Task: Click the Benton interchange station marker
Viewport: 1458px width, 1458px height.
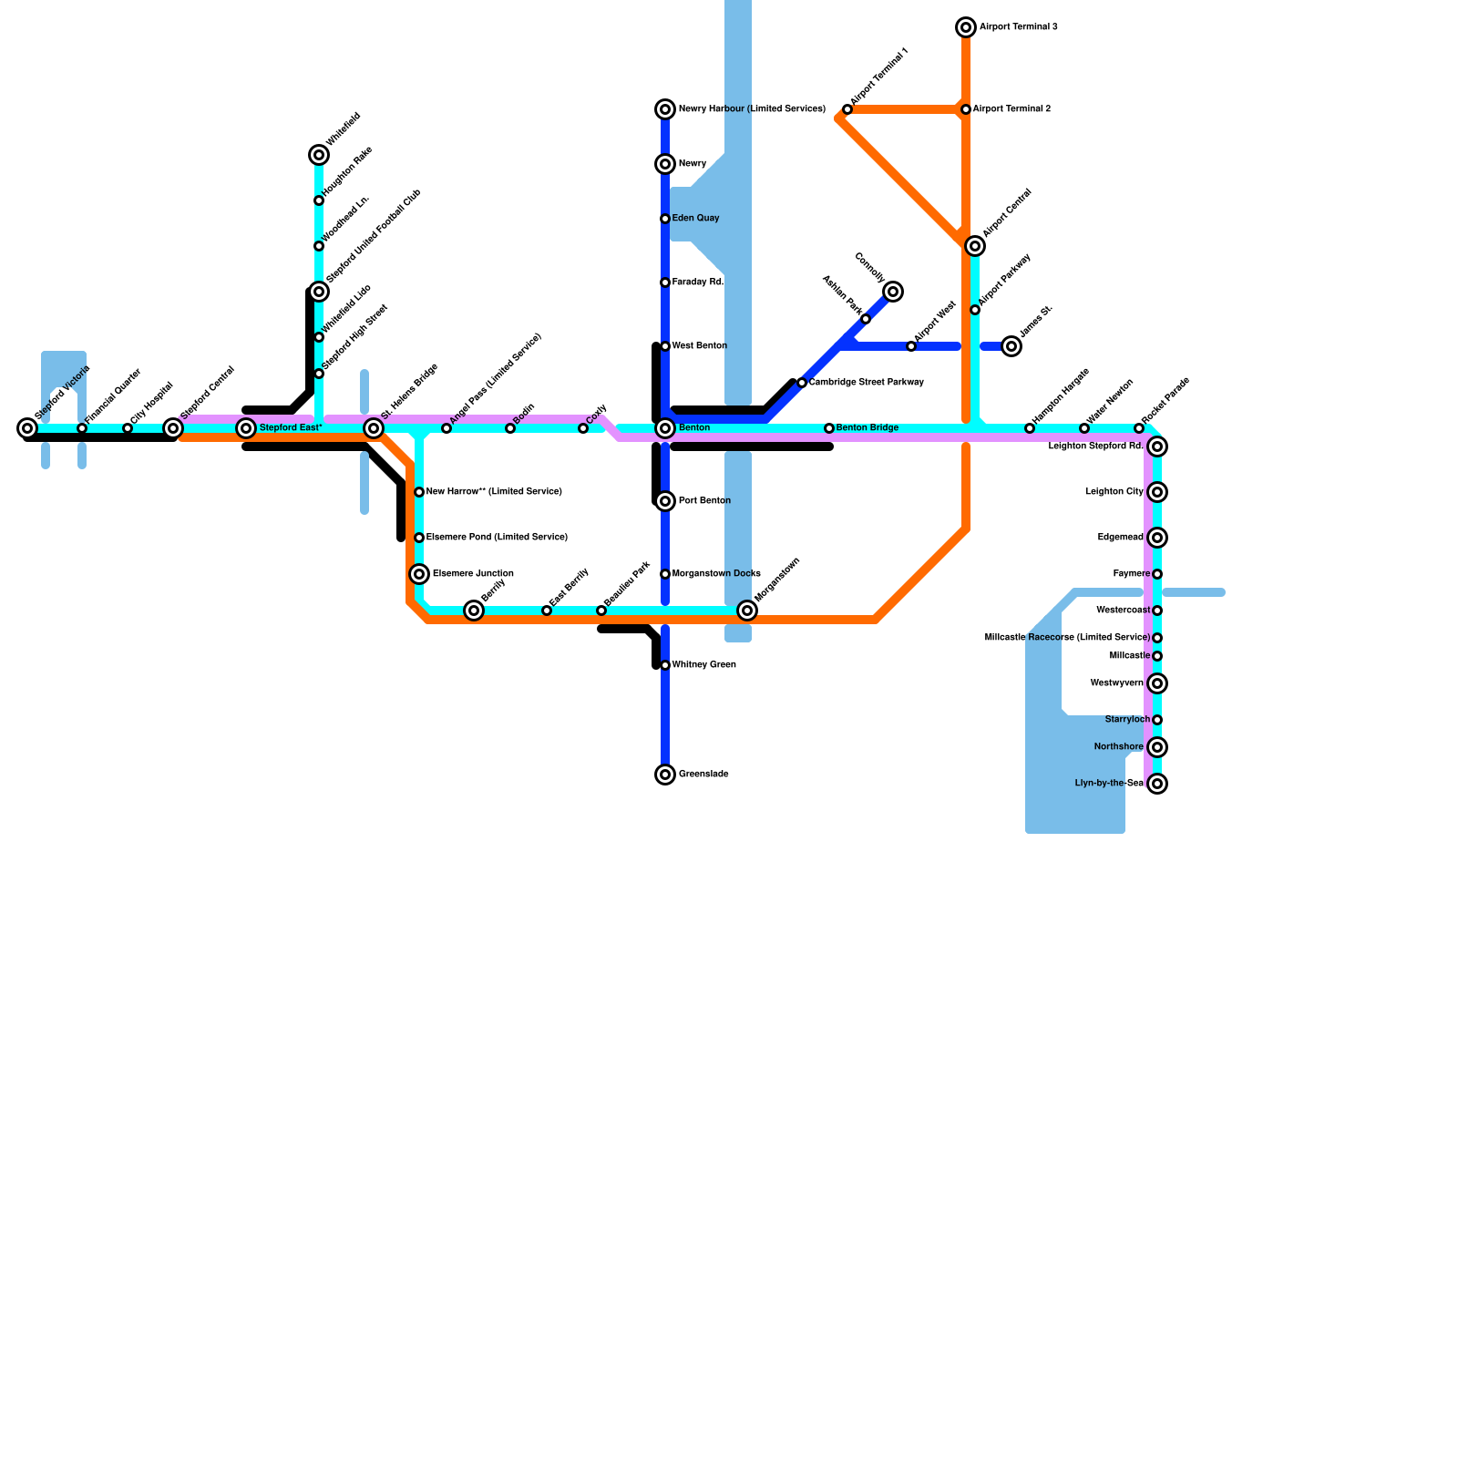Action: point(665,428)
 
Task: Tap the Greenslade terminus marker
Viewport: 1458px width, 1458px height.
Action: point(665,775)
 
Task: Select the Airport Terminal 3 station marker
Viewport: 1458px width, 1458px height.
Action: point(966,27)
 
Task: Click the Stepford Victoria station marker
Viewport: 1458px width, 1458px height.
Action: point(27,428)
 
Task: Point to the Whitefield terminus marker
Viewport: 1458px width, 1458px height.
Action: point(319,155)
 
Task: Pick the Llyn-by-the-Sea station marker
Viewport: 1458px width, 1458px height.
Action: point(1157,784)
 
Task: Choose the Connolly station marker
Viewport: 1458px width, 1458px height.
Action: point(893,292)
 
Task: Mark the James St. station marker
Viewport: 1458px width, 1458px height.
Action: point(1011,346)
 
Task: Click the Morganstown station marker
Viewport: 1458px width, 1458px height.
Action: point(747,611)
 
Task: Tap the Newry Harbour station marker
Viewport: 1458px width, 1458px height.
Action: point(665,109)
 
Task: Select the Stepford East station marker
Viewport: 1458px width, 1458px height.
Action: point(246,428)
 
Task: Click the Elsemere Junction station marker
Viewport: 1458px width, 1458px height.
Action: point(419,574)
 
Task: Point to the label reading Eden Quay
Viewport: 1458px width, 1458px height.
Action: point(695,219)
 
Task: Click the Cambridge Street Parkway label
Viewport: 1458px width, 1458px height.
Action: point(866,383)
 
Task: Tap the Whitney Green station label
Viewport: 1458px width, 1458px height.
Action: point(703,665)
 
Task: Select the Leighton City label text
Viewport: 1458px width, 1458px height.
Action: point(1114,492)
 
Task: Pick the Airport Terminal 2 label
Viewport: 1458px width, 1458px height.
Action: point(1011,109)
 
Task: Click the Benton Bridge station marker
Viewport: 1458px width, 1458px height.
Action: point(829,428)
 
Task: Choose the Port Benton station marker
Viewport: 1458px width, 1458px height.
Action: point(665,501)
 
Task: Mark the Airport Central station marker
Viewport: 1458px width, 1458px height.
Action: point(975,246)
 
